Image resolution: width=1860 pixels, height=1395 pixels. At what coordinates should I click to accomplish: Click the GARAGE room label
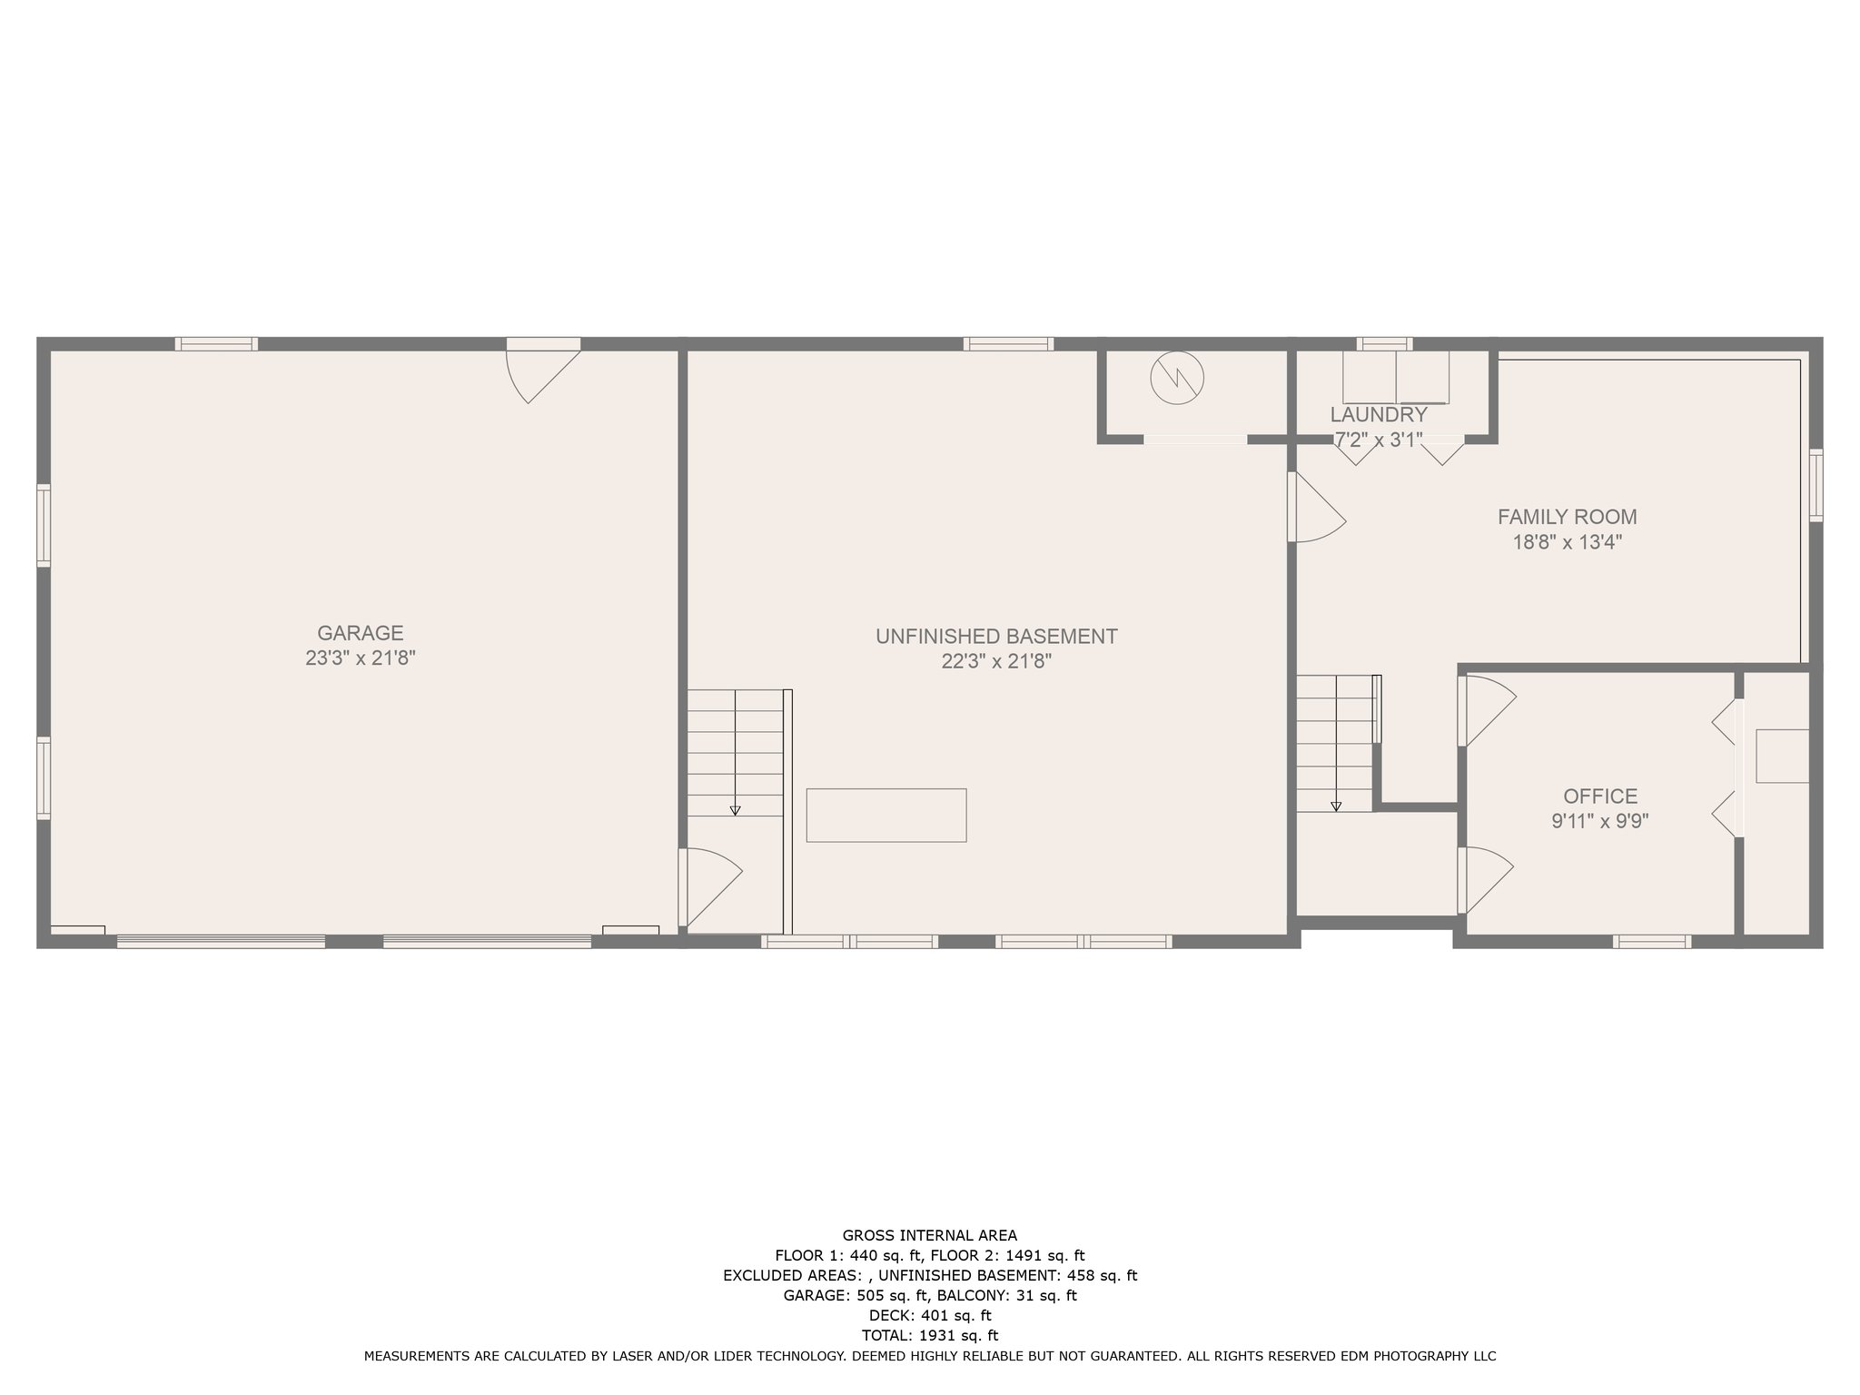click(x=360, y=633)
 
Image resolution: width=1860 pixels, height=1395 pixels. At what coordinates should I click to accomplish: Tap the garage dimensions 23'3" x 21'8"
click(x=360, y=658)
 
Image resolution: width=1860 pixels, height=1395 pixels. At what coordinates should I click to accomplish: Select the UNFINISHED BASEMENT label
click(x=996, y=637)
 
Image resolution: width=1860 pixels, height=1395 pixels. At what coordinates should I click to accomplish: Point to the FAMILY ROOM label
click(x=1567, y=517)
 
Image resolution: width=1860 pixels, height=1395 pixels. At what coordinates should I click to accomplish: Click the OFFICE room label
click(x=1599, y=796)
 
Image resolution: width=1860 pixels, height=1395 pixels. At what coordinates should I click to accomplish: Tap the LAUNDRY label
click(x=1378, y=415)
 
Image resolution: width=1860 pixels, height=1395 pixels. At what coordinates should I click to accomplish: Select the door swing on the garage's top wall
click(x=540, y=372)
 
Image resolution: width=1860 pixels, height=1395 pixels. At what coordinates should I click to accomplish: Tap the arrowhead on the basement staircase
click(x=735, y=810)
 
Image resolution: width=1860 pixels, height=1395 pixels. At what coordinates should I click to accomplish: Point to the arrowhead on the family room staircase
click(x=1335, y=806)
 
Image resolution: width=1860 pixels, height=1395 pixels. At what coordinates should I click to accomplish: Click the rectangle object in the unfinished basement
click(x=885, y=815)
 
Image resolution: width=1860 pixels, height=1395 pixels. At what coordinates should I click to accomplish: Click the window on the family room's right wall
click(x=1815, y=485)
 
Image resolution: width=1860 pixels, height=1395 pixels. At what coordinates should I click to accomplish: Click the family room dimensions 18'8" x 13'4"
click(x=1567, y=542)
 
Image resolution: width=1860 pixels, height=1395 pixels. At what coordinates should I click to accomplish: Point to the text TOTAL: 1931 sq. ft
click(x=929, y=1335)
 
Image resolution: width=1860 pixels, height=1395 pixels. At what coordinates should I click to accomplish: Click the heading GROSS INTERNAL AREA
click(x=929, y=1235)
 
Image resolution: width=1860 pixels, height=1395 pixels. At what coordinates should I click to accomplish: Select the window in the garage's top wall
click(x=216, y=344)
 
